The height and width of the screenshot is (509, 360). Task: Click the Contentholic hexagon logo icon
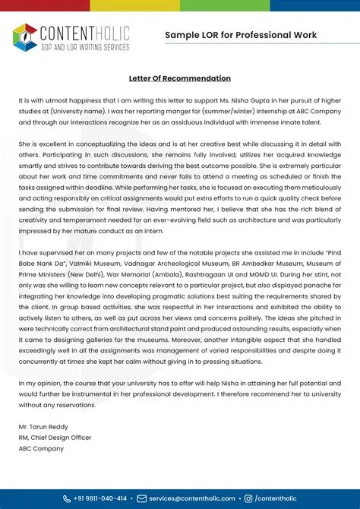[25, 36]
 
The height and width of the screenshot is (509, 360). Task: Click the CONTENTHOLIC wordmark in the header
[84, 32]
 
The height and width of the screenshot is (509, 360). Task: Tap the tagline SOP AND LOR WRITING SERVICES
[84, 47]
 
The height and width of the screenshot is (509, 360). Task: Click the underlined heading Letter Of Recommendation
[179, 78]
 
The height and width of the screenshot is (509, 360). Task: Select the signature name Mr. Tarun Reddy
[45, 427]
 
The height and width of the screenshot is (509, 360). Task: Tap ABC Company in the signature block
[41, 448]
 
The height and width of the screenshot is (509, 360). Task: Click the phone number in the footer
[99, 498]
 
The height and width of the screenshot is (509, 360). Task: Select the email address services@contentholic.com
[192, 498]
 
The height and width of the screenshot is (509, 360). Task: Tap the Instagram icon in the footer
[248, 498]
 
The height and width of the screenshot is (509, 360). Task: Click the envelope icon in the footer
[141, 498]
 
